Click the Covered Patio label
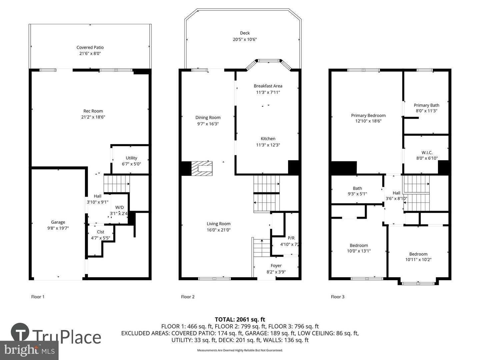[90, 47]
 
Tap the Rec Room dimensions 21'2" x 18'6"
[93, 117]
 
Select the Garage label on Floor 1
[58, 222]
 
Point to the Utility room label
[131, 158]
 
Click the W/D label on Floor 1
[119, 207]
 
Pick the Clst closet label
[100, 232]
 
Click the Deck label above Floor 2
[245, 33]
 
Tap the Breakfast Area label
[268, 86]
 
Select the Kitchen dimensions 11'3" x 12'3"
[268, 145]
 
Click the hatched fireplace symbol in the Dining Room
[202, 168]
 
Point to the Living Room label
[218, 224]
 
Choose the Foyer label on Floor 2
[276, 266]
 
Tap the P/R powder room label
[291, 238]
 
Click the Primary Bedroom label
[368, 115]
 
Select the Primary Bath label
[426, 105]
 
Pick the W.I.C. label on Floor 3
[427, 153]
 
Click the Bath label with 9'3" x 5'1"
[357, 188]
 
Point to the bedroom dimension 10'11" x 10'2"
[418, 260]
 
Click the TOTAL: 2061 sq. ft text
[240, 319]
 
